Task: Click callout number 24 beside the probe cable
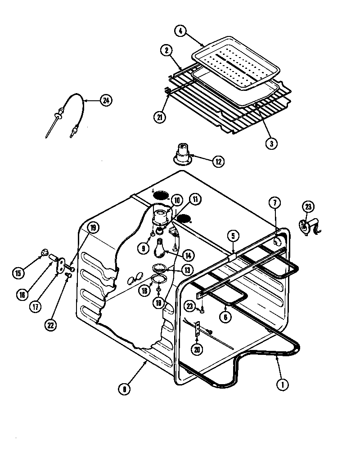pyautogui.click(x=105, y=100)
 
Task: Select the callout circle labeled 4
pyautogui.click(x=180, y=32)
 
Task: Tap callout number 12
pyautogui.click(x=218, y=161)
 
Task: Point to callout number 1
pyautogui.click(x=283, y=385)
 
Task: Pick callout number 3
pyautogui.click(x=271, y=143)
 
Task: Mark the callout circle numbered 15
pyautogui.click(x=18, y=273)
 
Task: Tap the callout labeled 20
pyautogui.click(x=196, y=349)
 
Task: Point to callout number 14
pyautogui.click(x=188, y=255)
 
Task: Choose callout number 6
pyautogui.click(x=226, y=317)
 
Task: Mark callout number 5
pyautogui.click(x=233, y=235)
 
